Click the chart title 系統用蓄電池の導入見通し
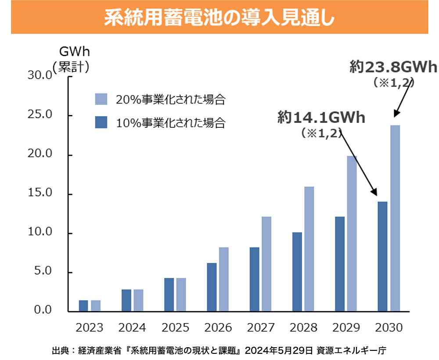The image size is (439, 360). pos(219,18)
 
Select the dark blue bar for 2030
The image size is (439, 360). pos(383,256)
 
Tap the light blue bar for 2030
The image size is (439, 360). pos(395,218)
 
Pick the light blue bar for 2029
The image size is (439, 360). pos(352,234)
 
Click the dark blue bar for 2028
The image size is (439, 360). pos(297,272)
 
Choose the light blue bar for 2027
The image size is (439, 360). pos(266,264)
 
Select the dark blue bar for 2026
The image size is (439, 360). pos(212,287)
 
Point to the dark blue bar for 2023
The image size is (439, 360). pos(83,306)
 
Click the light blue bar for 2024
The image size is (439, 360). pos(138,300)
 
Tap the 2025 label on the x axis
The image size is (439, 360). pos(175,328)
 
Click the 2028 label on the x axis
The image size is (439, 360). pos(303,328)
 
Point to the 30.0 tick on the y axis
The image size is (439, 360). pos(40,76)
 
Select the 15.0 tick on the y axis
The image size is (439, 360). pos(40,193)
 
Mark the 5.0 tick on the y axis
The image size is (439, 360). pos(43,271)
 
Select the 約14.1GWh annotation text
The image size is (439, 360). pos(321,118)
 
